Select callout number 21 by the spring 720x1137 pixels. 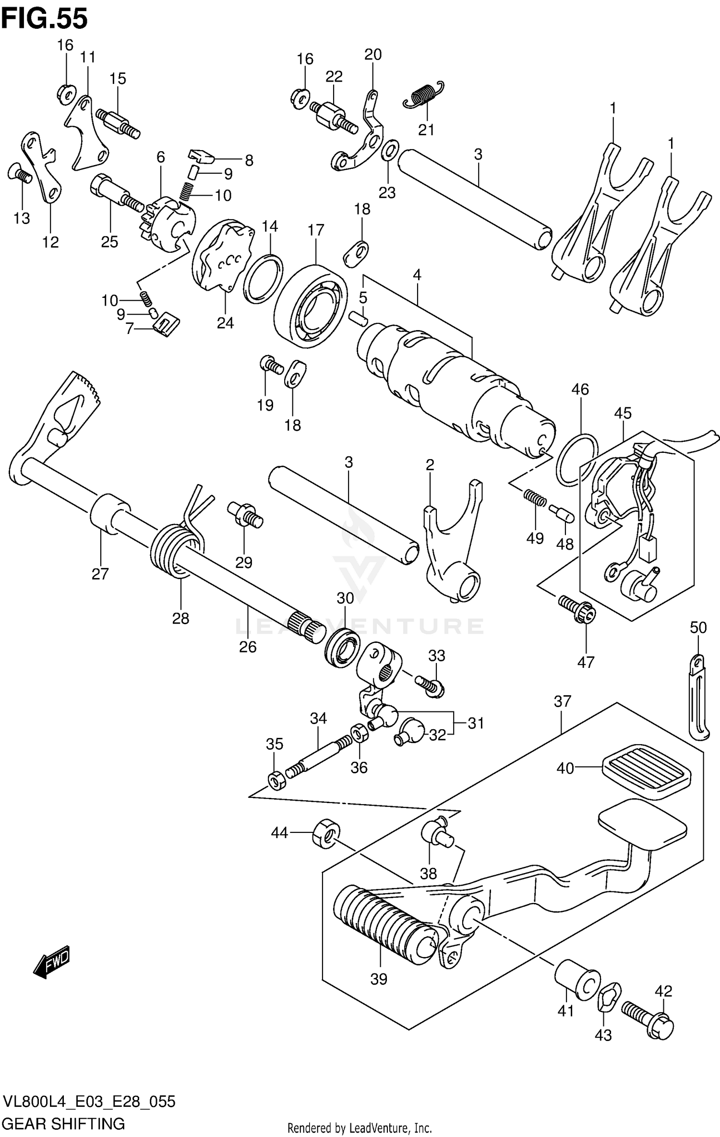tap(426, 130)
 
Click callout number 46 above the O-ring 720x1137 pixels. tap(580, 389)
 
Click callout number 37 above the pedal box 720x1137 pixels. tap(562, 701)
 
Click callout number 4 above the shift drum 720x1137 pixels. tap(417, 275)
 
